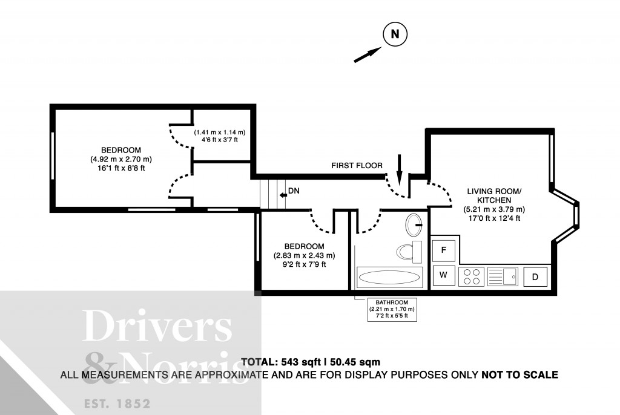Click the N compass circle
pos(395,35)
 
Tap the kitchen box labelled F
pos(444,249)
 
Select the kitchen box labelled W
pos(444,276)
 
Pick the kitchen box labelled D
pos(535,276)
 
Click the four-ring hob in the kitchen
pos(472,276)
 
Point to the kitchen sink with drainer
pos(501,276)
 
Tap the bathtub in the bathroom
pos(387,279)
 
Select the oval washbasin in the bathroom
pos(415,225)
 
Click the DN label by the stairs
pos(294,191)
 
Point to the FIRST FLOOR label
pos(357,165)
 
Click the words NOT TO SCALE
pos(519,374)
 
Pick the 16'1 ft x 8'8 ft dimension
pos(121,168)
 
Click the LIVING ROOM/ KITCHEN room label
pos(494,195)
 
